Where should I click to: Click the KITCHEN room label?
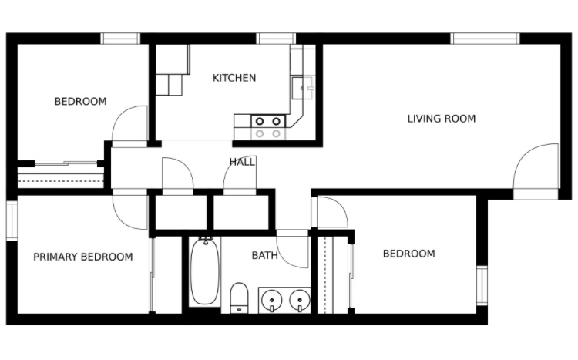click(234, 78)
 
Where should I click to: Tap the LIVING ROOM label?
click(442, 119)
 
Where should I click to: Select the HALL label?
click(242, 162)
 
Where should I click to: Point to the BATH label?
click(264, 255)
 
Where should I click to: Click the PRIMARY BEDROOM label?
click(83, 257)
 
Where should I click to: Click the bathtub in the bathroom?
click(205, 272)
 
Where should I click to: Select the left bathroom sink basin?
click(271, 299)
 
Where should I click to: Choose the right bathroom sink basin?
click(300, 299)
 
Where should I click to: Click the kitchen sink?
click(303, 88)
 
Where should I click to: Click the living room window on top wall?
click(485, 39)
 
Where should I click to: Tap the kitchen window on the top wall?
click(276, 39)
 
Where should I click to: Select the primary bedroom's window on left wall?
click(12, 220)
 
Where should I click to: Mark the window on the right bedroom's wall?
click(482, 285)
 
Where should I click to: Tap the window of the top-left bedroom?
click(120, 39)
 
